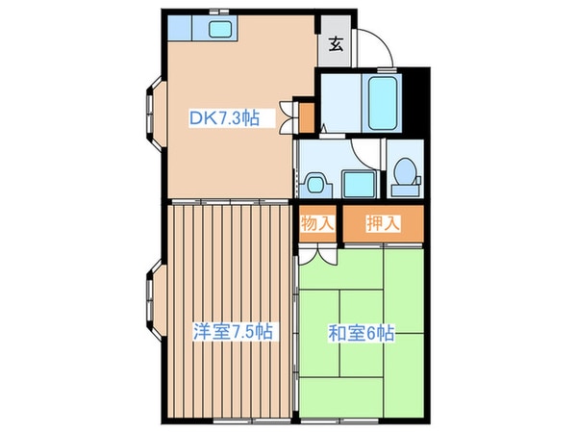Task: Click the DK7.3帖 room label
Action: pyautogui.click(x=222, y=119)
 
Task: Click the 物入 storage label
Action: pyautogui.click(x=317, y=223)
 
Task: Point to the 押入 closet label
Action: pyautogui.click(x=383, y=223)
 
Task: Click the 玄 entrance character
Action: pyautogui.click(x=337, y=43)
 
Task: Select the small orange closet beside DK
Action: pyautogui.click(x=306, y=117)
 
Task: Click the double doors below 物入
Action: pyautogui.click(x=317, y=252)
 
